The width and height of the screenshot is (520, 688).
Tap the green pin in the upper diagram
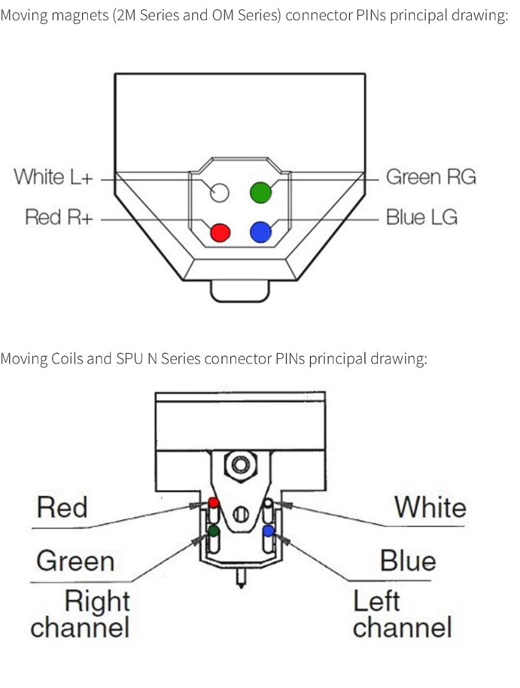pyautogui.click(x=261, y=193)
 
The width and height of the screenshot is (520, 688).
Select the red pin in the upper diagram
pyautogui.click(x=220, y=232)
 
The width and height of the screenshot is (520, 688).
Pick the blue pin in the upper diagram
pyautogui.click(x=261, y=232)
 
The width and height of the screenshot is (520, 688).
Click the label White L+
pyautogui.click(x=53, y=177)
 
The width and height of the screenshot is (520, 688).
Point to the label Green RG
pyautogui.click(x=430, y=177)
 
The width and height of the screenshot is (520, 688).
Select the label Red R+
pyautogui.click(x=59, y=218)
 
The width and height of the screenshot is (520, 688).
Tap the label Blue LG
pyautogui.click(x=422, y=218)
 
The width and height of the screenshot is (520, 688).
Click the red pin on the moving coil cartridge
pyautogui.click(x=214, y=503)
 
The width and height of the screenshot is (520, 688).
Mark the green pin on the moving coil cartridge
pyautogui.click(x=214, y=531)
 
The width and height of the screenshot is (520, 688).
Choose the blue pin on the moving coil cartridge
pyautogui.click(x=268, y=531)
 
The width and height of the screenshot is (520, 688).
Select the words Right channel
pyautogui.click(x=80, y=613)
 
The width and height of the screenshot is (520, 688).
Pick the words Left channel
pyautogui.click(x=402, y=613)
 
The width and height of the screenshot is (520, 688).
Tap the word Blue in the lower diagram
pyautogui.click(x=408, y=560)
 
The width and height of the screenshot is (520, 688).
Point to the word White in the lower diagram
pyautogui.click(x=430, y=508)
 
